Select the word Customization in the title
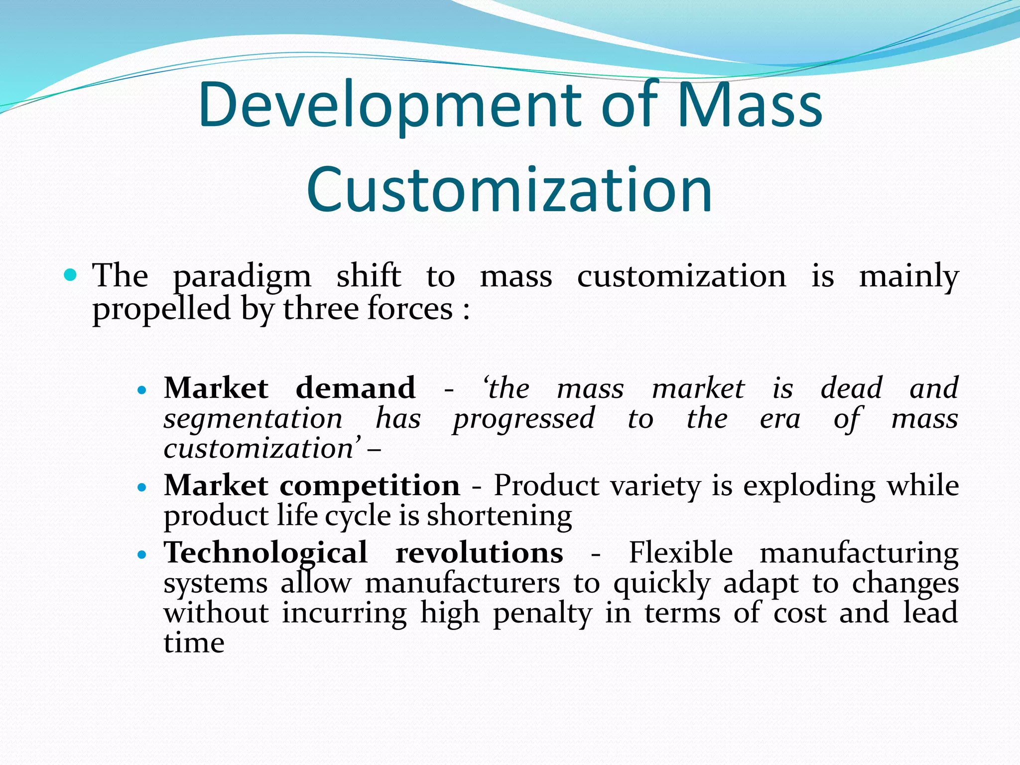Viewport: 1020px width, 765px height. coord(509,190)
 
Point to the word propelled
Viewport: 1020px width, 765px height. coord(161,309)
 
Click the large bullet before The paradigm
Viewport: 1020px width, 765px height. coord(71,274)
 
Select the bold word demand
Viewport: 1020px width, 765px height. coord(356,388)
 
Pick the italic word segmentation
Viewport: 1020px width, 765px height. coord(253,418)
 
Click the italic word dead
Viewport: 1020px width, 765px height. coord(851,388)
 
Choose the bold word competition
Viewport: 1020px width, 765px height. coord(370,486)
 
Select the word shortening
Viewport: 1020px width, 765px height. coord(500,516)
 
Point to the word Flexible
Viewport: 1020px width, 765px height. coord(680,553)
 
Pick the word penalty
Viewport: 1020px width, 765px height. coord(542,614)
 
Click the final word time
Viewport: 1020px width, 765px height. coord(194,643)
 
